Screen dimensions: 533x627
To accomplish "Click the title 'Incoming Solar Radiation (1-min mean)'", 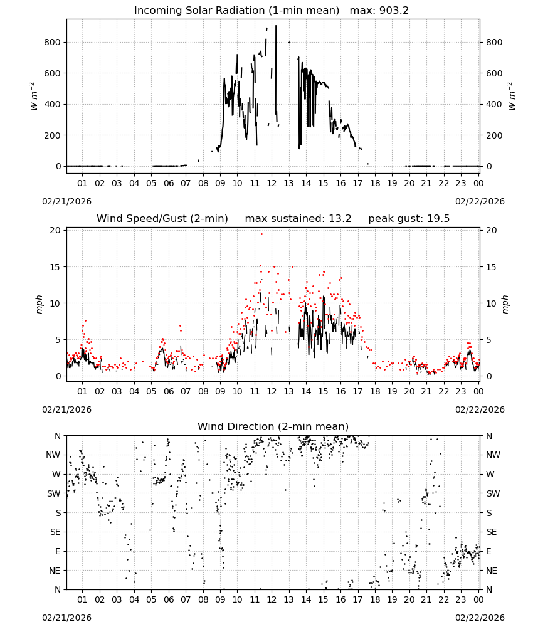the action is [x=236, y=11].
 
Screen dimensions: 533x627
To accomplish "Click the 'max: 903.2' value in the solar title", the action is [x=379, y=11].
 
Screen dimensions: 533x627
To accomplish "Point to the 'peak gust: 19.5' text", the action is [x=409, y=219].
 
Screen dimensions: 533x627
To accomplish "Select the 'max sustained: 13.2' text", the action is [x=298, y=219].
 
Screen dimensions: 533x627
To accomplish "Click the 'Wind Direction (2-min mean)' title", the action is [x=273, y=426].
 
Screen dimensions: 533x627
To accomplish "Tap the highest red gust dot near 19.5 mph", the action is [x=262, y=234].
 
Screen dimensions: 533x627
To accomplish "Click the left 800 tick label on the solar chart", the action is [x=53, y=43].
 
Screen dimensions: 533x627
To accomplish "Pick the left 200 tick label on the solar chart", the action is [x=53, y=135].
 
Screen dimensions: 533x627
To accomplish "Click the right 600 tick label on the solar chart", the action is [x=494, y=73].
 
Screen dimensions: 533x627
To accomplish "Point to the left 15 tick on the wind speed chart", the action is [x=55, y=267].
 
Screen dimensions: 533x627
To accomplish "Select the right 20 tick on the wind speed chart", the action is [x=492, y=230].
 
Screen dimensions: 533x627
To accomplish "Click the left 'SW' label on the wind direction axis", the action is [x=54, y=494].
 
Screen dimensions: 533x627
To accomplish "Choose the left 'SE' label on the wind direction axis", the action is [x=55, y=532].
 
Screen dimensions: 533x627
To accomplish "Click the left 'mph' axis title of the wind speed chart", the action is [x=39, y=304].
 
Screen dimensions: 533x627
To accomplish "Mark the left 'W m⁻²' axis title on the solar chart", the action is [x=33, y=97].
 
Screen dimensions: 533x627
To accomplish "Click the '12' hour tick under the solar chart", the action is [x=272, y=183].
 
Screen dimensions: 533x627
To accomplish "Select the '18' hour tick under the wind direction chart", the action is [x=375, y=599].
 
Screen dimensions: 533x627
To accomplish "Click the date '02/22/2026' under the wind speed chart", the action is [x=480, y=410].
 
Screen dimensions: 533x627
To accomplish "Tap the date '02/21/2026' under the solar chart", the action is [x=66, y=201].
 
